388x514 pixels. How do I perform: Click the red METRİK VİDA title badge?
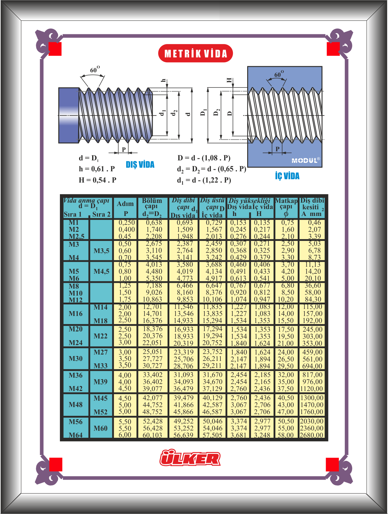tap(196, 53)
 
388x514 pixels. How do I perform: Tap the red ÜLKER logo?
tap(190, 458)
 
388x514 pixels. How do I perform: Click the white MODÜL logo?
tap(306, 160)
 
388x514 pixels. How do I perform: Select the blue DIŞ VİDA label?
tap(140, 165)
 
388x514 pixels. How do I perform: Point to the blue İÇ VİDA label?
tap(287, 176)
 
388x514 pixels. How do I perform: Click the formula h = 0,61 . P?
tap(97, 169)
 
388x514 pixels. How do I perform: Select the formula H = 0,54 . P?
tap(97, 180)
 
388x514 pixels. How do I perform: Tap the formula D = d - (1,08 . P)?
tap(204, 158)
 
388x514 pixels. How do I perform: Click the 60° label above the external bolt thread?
tap(95, 70)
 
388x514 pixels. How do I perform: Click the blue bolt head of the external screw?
tap(69, 115)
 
